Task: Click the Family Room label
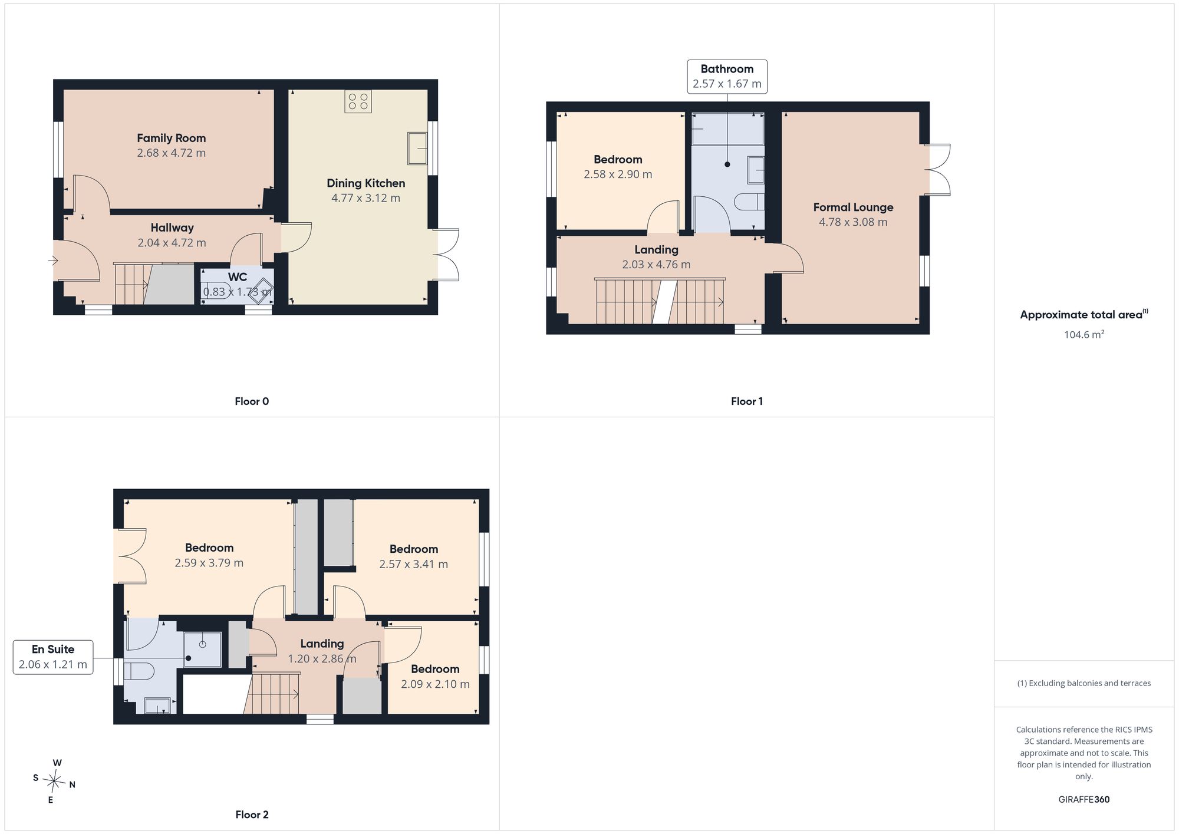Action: (172, 138)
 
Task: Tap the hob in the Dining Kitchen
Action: (358, 101)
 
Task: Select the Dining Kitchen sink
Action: (417, 149)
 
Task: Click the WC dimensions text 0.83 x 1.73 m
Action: (238, 292)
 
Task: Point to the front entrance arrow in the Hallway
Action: (54, 260)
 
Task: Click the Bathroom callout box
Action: (727, 77)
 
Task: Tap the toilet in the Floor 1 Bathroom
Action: (749, 202)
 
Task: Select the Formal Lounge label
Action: (853, 207)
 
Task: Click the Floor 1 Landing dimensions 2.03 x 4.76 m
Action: (656, 265)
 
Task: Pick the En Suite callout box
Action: (53, 657)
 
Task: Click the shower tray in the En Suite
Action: (203, 650)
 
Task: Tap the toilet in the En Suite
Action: (139, 671)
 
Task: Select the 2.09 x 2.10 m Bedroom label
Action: (435, 669)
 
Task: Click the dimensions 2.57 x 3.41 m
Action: (413, 564)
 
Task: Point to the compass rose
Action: (54, 782)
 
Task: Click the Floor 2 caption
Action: (252, 815)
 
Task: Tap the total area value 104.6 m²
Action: (1084, 334)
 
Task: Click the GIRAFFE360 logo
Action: (1084, 800)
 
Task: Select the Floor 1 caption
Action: (747, 401)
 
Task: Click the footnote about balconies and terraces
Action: (1084, 683)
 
